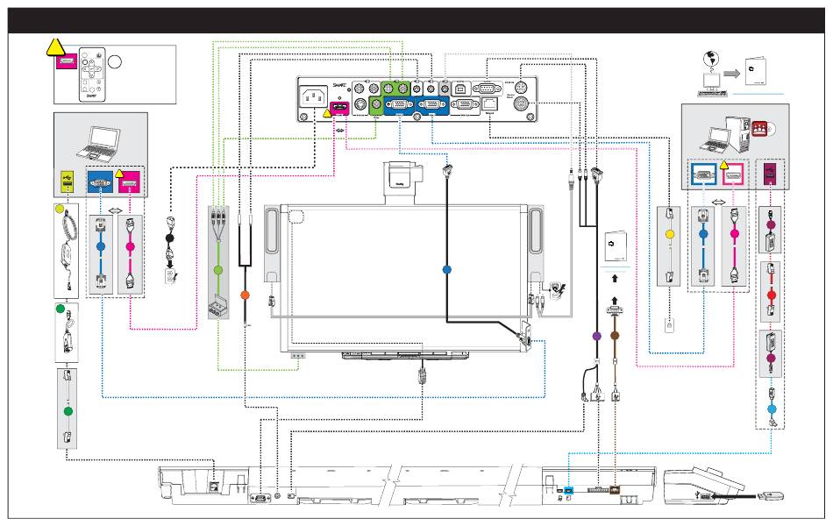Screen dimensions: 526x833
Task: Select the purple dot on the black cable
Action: pos(596,335)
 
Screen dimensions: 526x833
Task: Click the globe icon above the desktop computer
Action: pos(710,63)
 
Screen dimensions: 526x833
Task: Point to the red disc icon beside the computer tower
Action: pos(758,129)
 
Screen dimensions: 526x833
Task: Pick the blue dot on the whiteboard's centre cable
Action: pos(445,268)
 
